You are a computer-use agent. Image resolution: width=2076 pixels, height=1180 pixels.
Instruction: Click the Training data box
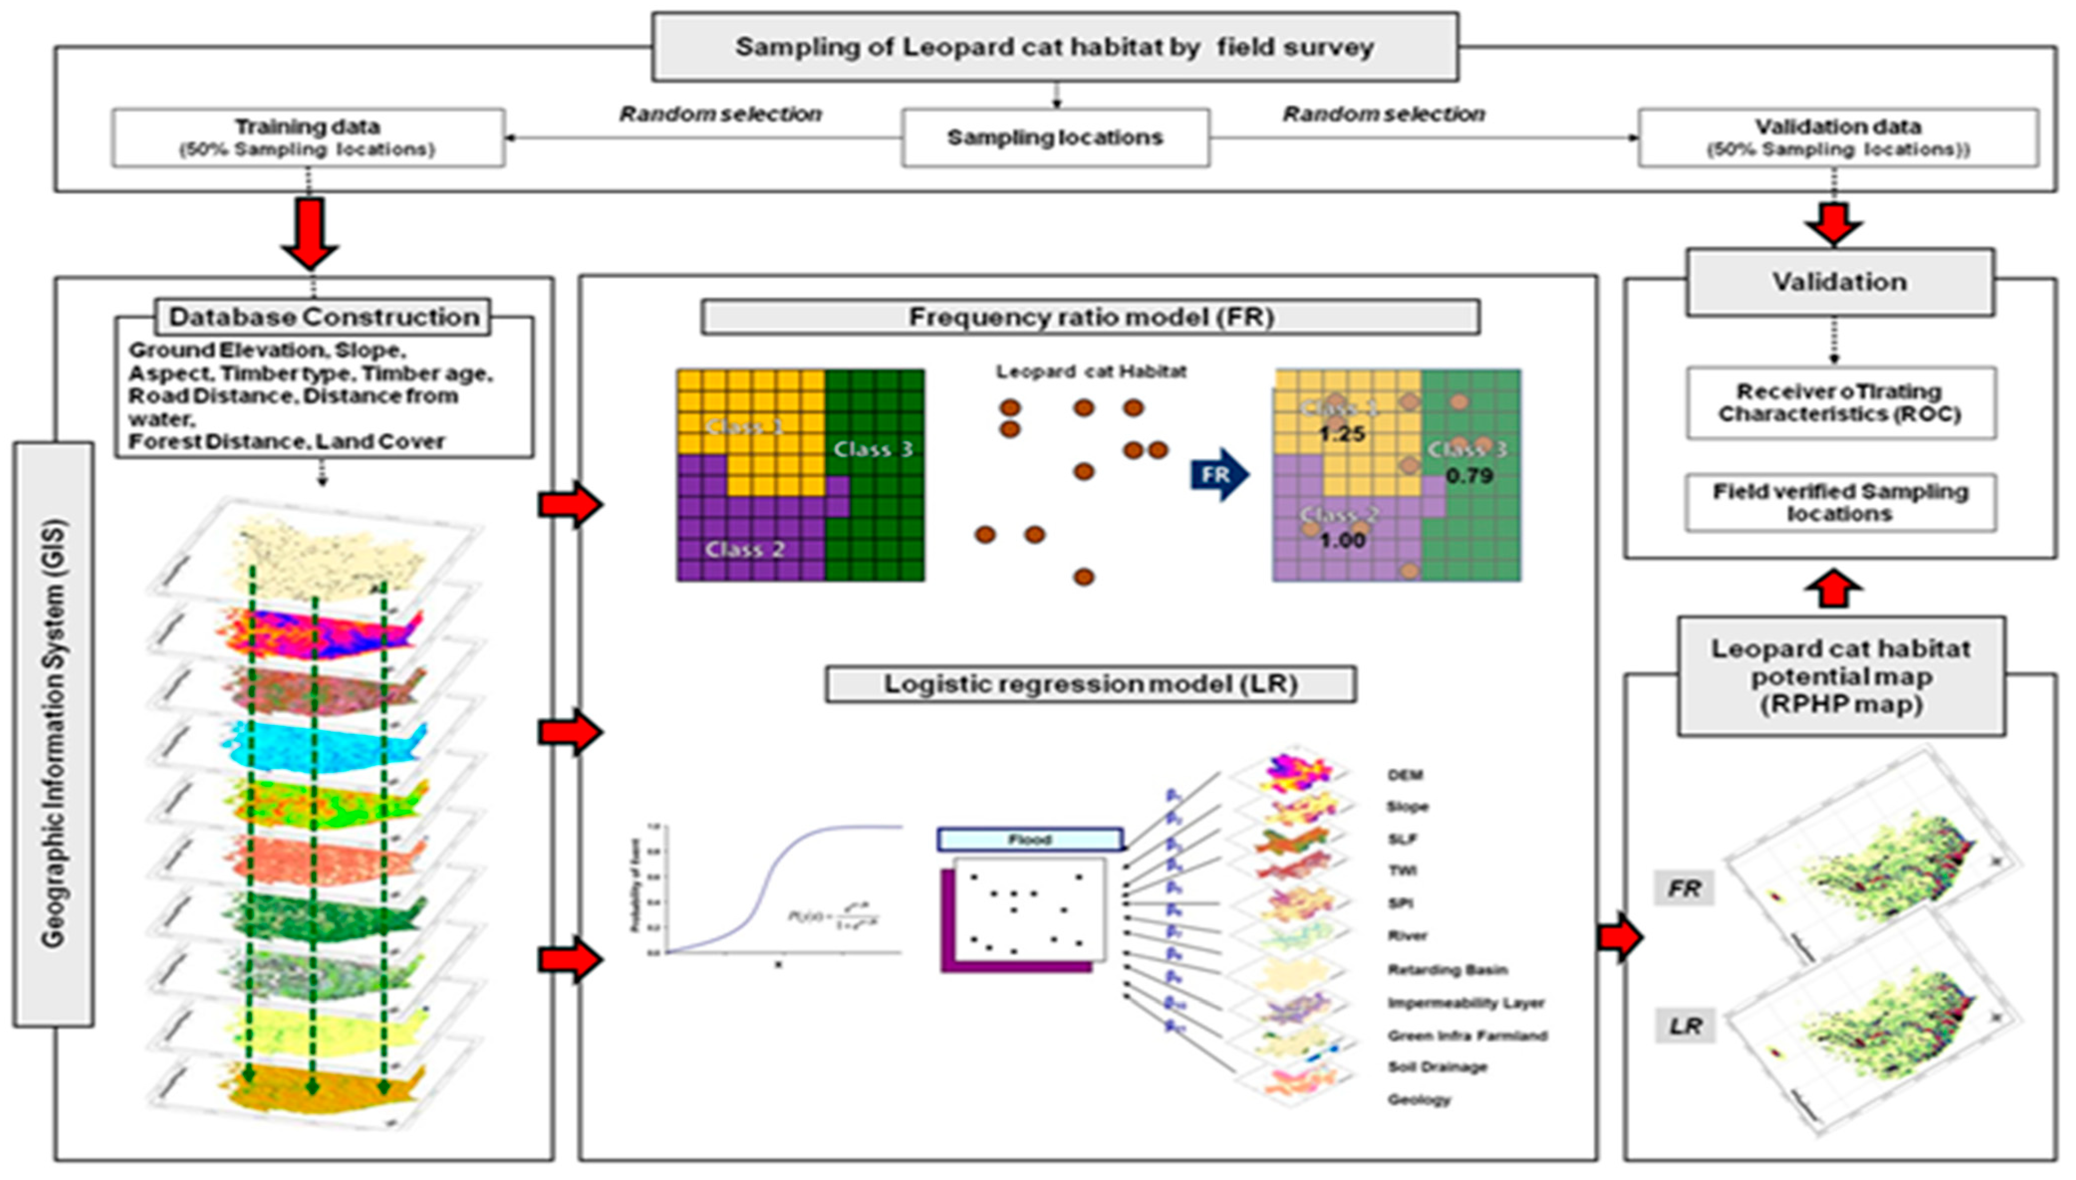pos(308,138)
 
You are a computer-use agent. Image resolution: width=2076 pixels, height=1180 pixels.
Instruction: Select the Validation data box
pos(1838,138)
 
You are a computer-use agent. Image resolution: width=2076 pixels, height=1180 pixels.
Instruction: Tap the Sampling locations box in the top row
pos(1055,138)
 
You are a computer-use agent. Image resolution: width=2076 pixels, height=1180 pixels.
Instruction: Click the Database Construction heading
pos(323,317)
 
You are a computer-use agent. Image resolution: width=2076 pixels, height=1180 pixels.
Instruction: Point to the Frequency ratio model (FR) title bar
pos(1090,317)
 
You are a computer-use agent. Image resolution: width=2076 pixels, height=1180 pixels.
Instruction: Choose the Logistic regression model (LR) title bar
pos(1090,684)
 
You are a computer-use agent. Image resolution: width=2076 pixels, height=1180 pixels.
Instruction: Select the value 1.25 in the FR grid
pos(1341,434)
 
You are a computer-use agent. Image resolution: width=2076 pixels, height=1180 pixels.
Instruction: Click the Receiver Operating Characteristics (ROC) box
pos(1840,403)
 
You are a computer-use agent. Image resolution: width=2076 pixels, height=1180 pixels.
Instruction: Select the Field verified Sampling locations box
pos(1840,502)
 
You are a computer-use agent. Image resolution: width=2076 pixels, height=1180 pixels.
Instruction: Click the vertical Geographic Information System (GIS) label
pos(53,733)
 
